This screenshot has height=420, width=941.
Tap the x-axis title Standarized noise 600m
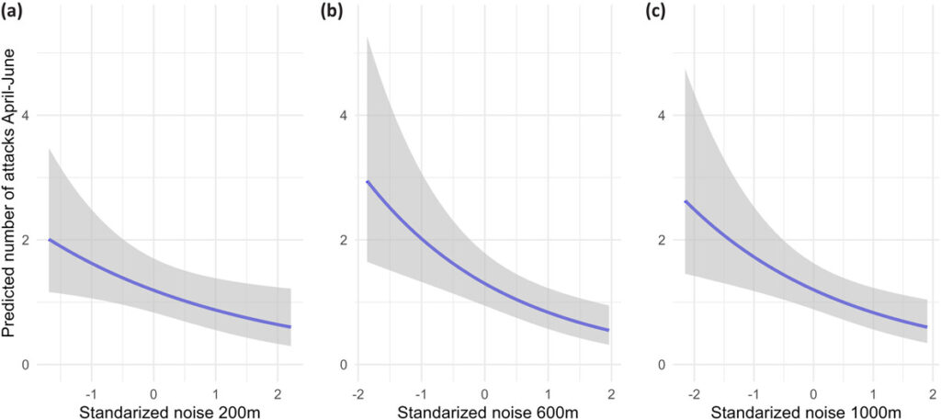pos(483,410)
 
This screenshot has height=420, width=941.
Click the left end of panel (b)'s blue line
pos(368,182)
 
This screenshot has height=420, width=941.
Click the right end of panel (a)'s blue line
pos(290,326)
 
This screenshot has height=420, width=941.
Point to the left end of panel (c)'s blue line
pos(685,201)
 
